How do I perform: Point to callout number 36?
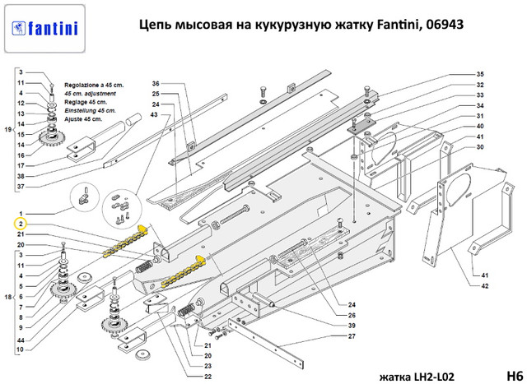coord(154,84)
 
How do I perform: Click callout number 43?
coord(154,115)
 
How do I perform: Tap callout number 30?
coord(480,147)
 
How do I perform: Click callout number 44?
coord(21,339)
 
